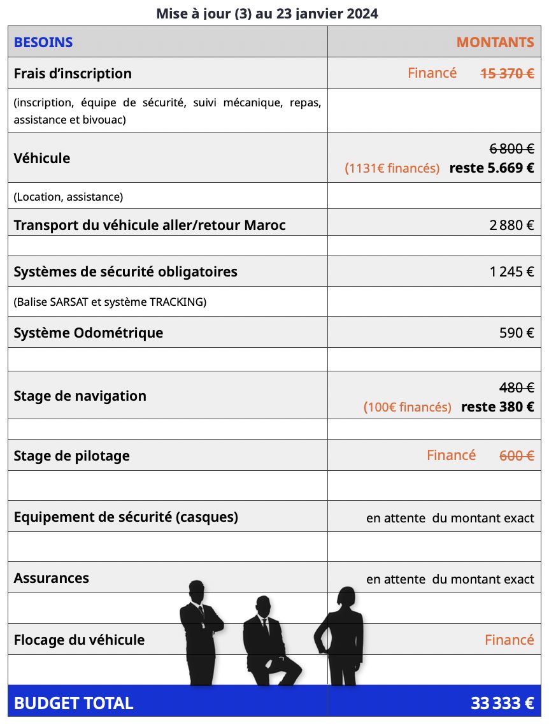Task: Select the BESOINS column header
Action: pos(43,43)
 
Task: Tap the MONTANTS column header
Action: pos(495,43)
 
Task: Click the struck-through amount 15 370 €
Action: pos(507,73)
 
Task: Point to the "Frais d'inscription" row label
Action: pos(73,73)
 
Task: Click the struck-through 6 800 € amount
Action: pos(511,148)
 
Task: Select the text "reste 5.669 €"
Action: pos(491,168)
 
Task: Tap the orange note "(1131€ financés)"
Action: pos(392,169)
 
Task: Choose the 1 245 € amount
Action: pos(511,272)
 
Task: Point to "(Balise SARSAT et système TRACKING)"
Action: pos(110,302)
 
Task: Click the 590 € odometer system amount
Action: pos(517,333)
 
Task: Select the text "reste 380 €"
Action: pos(497,407)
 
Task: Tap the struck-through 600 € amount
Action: pos(517,456)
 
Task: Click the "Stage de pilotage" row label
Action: pos(71,456)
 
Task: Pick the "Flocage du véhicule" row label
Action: pos(79,640)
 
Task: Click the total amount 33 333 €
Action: pos(502,703)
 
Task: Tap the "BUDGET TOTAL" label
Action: pos(73,703)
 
